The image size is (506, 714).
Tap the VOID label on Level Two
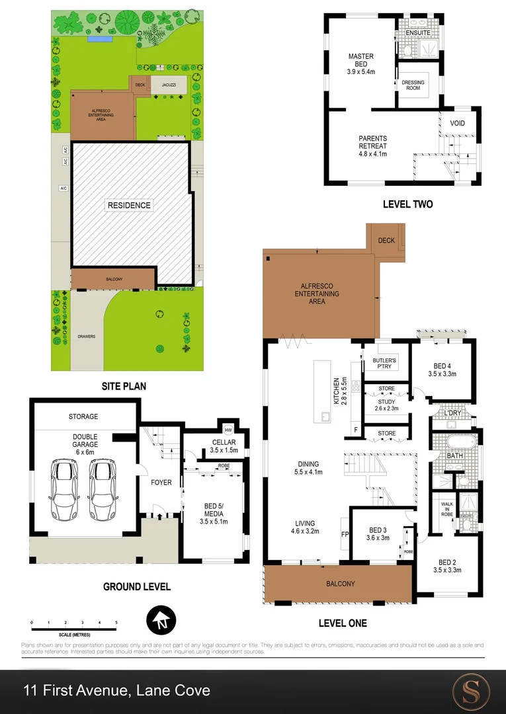(457, 124)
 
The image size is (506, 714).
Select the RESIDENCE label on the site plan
(129, 205)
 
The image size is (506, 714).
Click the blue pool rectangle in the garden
(99, 39)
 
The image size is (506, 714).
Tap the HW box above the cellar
(228, 428)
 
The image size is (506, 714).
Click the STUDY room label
(386, 405)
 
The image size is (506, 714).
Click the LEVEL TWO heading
(407, 204)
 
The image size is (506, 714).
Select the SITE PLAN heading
(124, 386)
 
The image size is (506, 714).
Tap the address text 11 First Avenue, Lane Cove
(116, 691)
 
